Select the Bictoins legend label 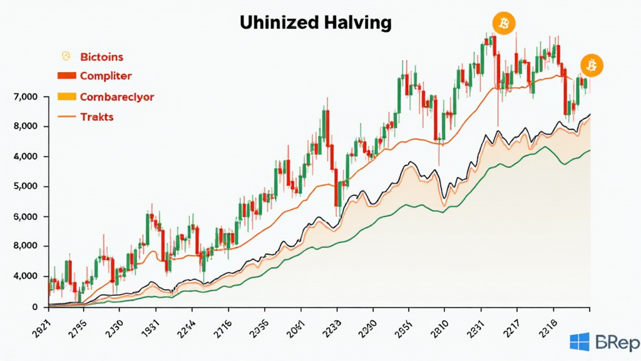pos(102,57)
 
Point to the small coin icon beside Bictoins pos(64,56)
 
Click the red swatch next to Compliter pos(66,76)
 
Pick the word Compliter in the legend pos(106,76)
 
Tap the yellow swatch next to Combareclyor pos(66,97)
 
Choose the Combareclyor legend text pos(117,97)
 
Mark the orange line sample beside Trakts pos(66,117)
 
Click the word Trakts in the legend pos(97,117)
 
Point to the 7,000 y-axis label pos(25,97)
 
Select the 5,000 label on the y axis pos(25,187)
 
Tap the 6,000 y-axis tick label pos(25,217)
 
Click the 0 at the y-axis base pos(35,306)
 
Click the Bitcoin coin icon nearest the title pos(503,23)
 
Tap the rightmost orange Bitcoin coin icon pos(592,65)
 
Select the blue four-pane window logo pos(579,342)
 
